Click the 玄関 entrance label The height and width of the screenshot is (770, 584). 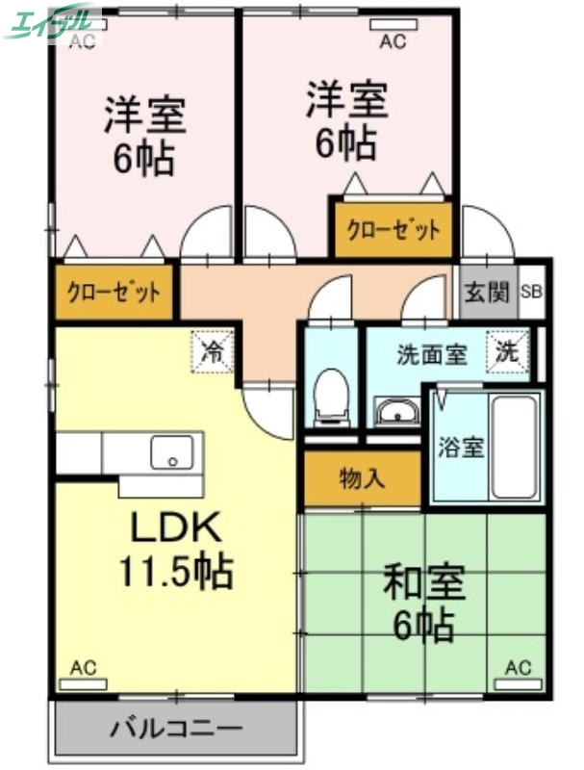(x=486, y=293)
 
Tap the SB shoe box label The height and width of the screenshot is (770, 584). (x=531, y=293)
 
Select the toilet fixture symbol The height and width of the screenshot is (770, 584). (x=331, y=396)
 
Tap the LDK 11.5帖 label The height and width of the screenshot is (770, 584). (x=175, y=549)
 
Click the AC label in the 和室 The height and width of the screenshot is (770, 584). (x=518, y=667)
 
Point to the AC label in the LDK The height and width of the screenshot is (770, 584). (x=83, y=667)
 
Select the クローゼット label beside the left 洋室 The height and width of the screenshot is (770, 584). (x=113, y=292)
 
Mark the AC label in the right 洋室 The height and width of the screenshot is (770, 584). (x=392, y=40)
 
